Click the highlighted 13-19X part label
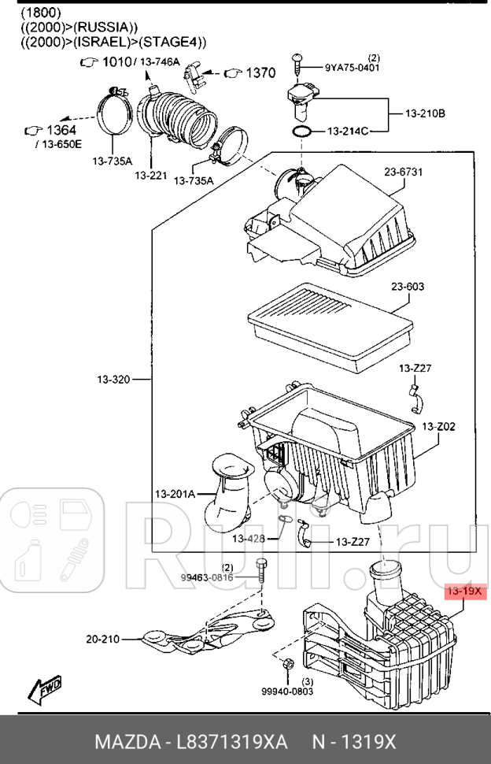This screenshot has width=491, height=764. [464, 591]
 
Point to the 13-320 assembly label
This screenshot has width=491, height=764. [113, 380]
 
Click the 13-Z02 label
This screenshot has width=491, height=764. [438, 426]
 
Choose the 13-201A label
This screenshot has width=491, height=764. [175, 494]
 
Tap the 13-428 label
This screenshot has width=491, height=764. [248, 539]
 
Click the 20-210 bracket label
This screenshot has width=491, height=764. [103, 639]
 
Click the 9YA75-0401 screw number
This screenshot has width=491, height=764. [353, 68]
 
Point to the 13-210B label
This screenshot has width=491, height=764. [426, 113]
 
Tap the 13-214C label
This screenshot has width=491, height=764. [349, 131]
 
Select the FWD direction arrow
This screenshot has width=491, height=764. [45, 690]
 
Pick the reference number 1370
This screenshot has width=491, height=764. [260, 73]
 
